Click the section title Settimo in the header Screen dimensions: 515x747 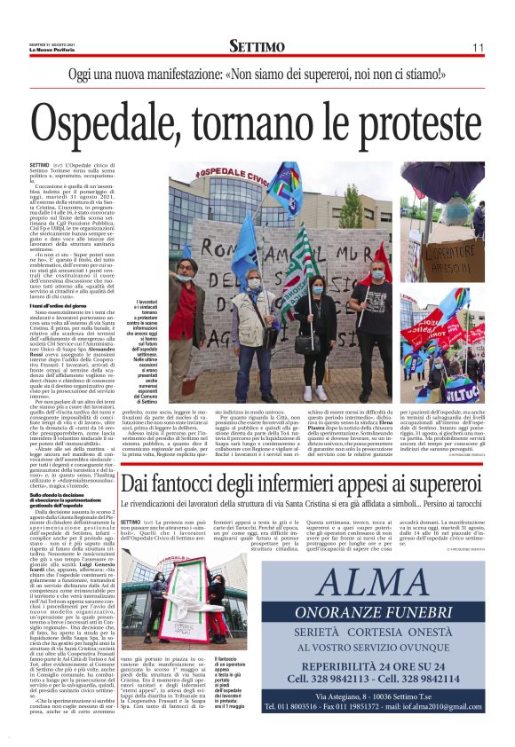click(257, 46)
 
